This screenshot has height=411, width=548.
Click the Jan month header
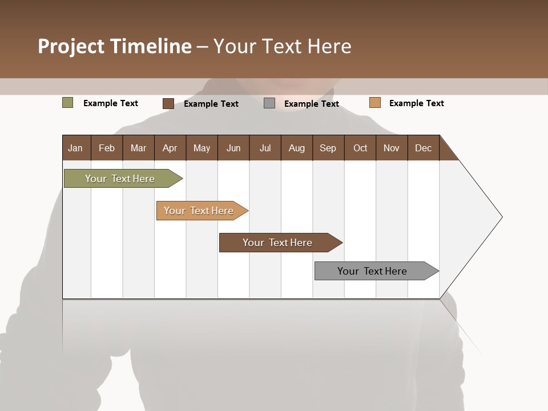point(76,148)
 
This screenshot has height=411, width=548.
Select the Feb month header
point(107,148)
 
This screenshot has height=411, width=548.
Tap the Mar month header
point(138,148)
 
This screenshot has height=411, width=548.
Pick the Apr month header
point(170,148)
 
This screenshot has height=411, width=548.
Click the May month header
point(202,148)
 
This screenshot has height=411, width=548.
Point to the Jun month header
point(233,148)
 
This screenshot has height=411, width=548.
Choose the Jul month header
point(265,148)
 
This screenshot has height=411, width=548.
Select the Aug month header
point(297,148)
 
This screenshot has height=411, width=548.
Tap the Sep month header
point(328,148)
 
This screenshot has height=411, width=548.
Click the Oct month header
point(360,148)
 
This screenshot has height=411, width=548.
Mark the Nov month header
point(392,148)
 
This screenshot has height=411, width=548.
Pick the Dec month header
point(424,148)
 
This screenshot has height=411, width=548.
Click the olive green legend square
point(68,103)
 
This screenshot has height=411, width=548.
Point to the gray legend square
point(269,103)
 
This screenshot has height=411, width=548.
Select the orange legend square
point(374,103)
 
